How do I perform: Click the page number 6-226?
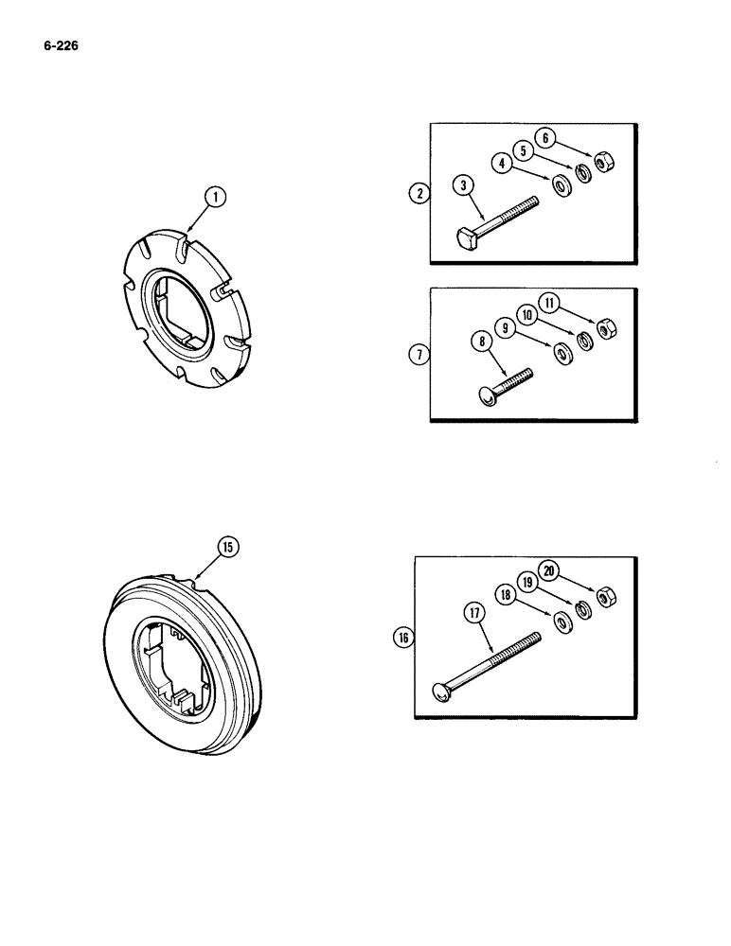(59, 43)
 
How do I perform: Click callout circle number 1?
(216, 197)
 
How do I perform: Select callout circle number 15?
(228, 547)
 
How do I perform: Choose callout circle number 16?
(404, 639)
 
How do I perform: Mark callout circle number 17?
(472, 613)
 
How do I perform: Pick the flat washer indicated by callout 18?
(562, 621)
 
